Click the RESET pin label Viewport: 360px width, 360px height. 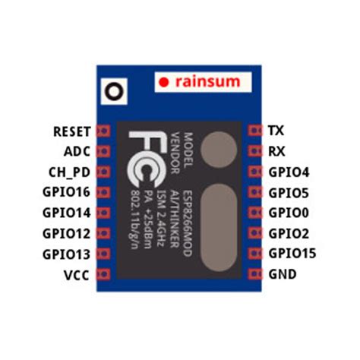[72, 131]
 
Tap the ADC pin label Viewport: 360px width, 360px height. [78, 151]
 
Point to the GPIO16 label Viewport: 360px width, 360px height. [67, 192]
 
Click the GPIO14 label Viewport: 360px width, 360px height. [67, 213]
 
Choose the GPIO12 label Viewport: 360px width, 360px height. [67, 233]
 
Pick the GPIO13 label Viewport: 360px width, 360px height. [67, 254]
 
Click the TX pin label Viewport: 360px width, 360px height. [276, 131]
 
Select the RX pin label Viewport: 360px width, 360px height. [277, 151]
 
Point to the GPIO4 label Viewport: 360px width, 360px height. [288, 172]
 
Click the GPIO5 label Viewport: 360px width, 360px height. [288, 192]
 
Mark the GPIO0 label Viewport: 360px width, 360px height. [288, 213]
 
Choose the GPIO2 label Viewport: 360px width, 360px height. [288, 233]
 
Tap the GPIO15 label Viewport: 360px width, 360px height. [292, 254]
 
